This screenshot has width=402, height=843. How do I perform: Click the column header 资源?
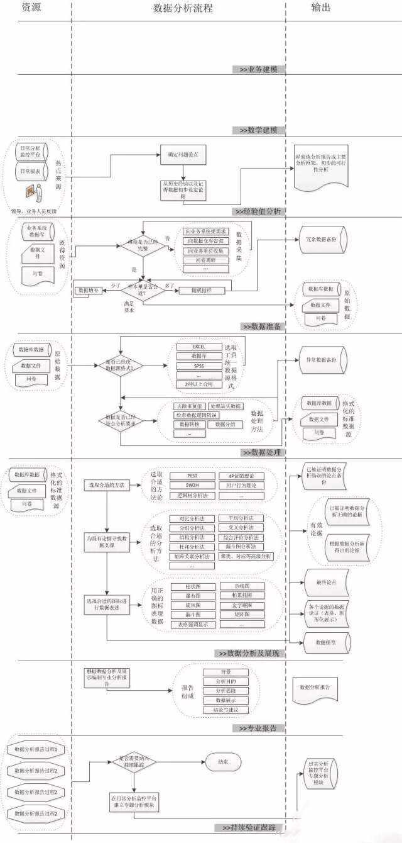35,8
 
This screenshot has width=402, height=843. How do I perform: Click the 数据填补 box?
89,291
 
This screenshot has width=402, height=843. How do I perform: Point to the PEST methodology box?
192,476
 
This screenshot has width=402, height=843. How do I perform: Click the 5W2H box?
192,486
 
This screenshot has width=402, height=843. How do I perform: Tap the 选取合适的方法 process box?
107,484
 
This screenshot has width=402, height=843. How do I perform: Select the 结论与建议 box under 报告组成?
226,710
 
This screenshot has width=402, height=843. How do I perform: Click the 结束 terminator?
223,762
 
